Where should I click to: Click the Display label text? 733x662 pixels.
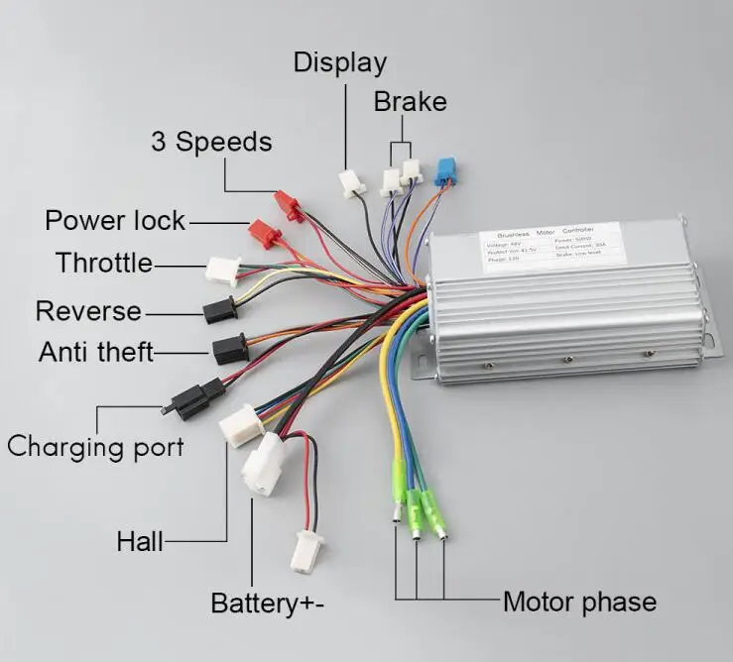click(x=339, y=63)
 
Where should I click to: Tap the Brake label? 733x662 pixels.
click(x=410, y=102)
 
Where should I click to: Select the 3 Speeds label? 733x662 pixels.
click(x=210, y=142)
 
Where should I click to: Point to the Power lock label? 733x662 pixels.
click(x=115, y=220)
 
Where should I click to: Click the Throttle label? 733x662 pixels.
click(x=104, y=264)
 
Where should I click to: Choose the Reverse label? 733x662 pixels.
click(x=88, y=311)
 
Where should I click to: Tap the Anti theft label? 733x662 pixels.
click(x=96, y=352)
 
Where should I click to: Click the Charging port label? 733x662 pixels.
click(x=95, y=446)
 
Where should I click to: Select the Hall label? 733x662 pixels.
click(x=140, y=541)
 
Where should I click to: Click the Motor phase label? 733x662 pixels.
click(x=579, y=602)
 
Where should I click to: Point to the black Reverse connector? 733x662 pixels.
click(x=218, y=311)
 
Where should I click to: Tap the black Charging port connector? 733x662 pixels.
click(x=189, y=399)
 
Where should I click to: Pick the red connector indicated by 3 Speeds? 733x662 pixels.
click(x=287, y=204)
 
